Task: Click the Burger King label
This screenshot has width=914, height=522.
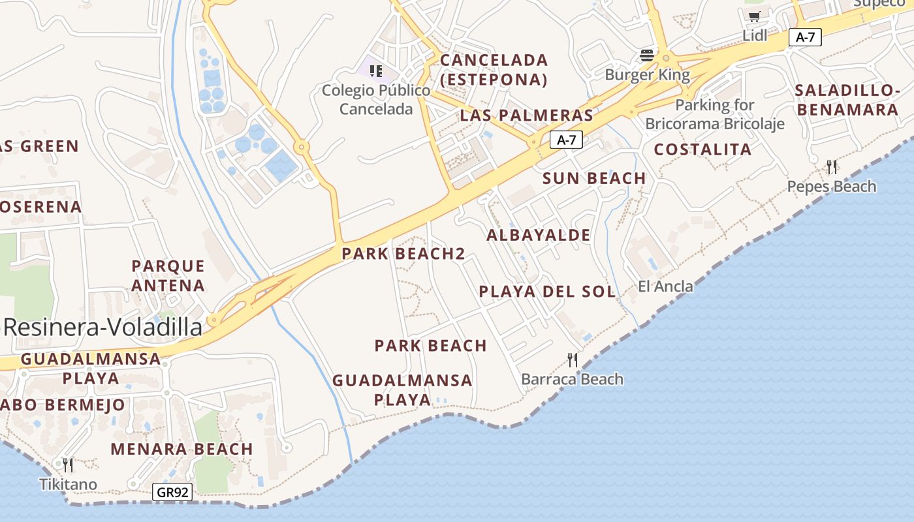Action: (647, 74)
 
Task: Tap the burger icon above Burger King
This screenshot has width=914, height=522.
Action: (647, 55)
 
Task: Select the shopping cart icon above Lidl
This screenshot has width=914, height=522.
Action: (755, 16)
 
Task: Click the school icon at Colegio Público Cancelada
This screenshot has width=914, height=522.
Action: (375, 70)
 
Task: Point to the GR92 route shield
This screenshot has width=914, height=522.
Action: (173, 492)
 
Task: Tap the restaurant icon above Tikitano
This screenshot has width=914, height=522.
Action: (68, 465)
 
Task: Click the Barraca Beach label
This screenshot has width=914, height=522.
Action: (572, 379)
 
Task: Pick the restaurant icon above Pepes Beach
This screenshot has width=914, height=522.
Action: (831, 167)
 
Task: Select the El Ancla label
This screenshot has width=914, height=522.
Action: (665, 286)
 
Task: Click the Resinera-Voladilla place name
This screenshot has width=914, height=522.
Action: (102, 328)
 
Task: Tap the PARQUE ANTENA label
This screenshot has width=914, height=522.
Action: (168, 276)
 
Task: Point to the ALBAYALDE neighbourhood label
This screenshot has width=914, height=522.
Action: (539, 235)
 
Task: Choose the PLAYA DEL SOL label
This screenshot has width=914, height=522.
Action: (547, 292)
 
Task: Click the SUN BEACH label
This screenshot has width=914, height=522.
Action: (594, 178)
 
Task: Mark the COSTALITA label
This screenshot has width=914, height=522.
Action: (702, 149)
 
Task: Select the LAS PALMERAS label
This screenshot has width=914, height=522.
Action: (526, 115)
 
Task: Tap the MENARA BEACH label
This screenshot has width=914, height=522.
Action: (181, 449)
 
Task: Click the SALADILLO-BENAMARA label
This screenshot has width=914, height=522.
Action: (847, 99)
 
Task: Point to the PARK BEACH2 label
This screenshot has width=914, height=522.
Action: (403, 254)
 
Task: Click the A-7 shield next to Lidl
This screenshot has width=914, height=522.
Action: (805, 37)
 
